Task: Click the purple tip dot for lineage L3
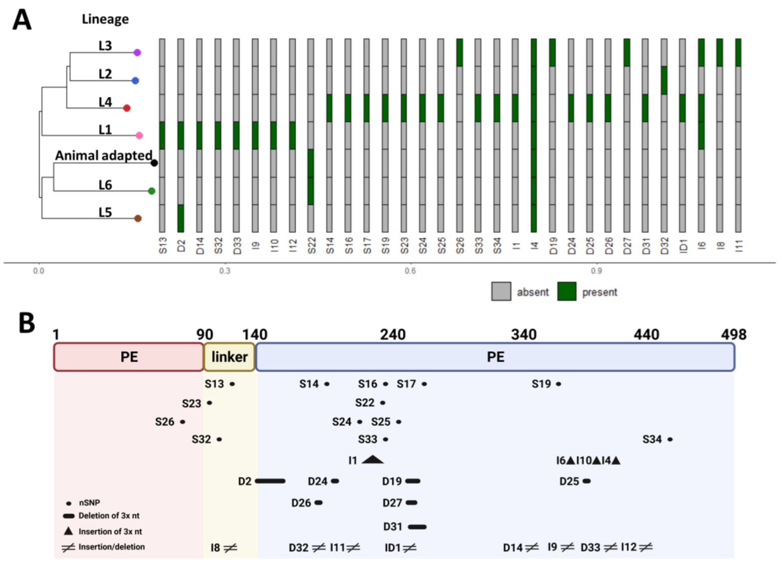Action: tap(137, 52)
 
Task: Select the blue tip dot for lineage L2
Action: tap(135, 80)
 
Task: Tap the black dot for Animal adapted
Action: tap(154, 163)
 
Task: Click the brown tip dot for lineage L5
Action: tap(138, 218)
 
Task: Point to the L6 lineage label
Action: tap(105, 185)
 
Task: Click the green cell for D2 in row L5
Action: tap(181, 218)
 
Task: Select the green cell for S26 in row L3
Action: tap(460, 52)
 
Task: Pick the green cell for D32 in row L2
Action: tap(664, 80)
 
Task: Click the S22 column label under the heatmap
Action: tap(311, 245)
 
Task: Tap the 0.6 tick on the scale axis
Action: tap(410, 271)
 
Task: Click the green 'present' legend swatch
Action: tap(566, 291)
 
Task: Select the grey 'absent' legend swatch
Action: tap(501, 291)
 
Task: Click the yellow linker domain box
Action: tap(229, 357)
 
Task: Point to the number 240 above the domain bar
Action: tap(393, 334)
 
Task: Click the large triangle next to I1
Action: tap(372, 460)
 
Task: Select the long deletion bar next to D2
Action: tap(270, 481)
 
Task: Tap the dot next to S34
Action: tap(670, 439)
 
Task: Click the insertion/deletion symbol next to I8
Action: tap(230, 548)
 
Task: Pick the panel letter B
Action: tap(26, 323)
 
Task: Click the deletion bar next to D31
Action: tap(417, 527)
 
